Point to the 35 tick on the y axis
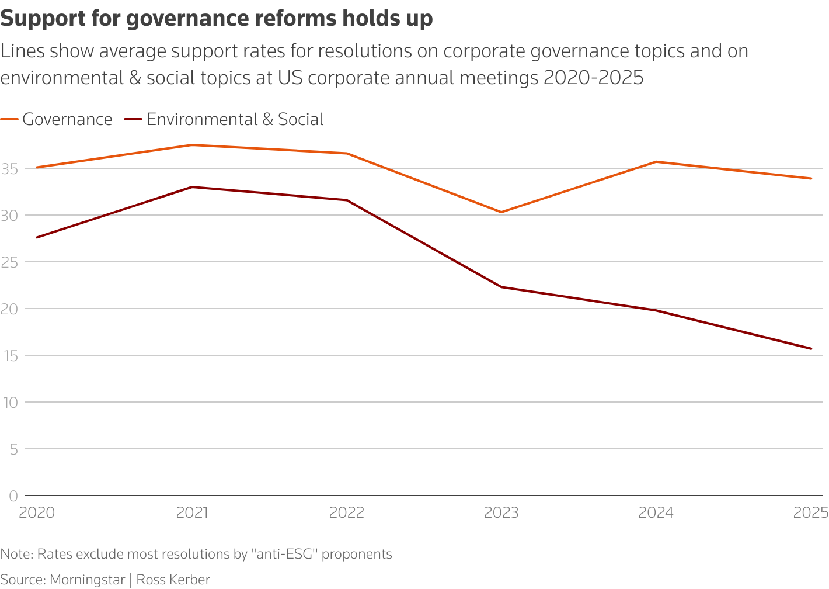tap(9, 169)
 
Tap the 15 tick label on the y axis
tap(9, 356)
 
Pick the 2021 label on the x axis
tap(192, 512)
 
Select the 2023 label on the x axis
tap(501, 512)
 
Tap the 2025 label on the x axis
tap(811, 512)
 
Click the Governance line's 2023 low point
tap(501, 212)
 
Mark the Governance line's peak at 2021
tap(192, 145)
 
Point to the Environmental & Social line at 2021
tap(192, 187)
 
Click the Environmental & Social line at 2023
tap(501, 287)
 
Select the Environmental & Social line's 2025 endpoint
tap(811, 349)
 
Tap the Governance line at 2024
tap(656, 162)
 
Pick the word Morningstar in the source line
tap(88, 580)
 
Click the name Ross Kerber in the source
tap(173, 580)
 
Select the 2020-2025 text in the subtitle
tap(593, 77)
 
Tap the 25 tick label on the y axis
tap(9, 262)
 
